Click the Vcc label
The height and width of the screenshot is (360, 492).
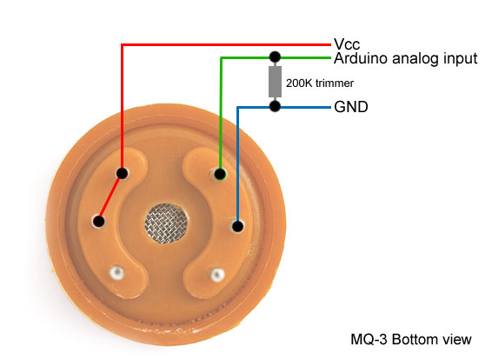point(347,44)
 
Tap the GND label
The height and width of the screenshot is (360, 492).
point(351,107)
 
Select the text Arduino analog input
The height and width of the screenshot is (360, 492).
point(405,58)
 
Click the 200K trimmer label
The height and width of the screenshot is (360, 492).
point(320,83)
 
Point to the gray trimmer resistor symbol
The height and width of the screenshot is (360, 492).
point(275,82)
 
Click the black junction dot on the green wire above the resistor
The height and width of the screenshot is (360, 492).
point(275,57)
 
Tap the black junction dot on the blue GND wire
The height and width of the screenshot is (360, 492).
point(275,106)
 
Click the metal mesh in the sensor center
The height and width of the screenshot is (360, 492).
point(166,223)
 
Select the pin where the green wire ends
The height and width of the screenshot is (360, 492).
point(220,174)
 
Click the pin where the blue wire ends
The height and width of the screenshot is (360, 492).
point(237,226)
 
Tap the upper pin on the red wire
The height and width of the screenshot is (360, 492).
point(122,173)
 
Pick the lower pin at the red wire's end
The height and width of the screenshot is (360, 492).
point(99,221)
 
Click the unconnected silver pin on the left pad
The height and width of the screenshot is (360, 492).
point(116,272)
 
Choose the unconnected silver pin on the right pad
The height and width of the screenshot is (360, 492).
point(217,275)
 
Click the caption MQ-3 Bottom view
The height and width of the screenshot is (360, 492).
point(411,340)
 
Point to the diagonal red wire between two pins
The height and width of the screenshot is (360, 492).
point(110,198)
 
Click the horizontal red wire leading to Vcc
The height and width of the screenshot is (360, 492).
point(226,45)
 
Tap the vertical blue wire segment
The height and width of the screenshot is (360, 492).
point(237,166)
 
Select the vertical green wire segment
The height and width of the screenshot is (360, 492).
point(221,116)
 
